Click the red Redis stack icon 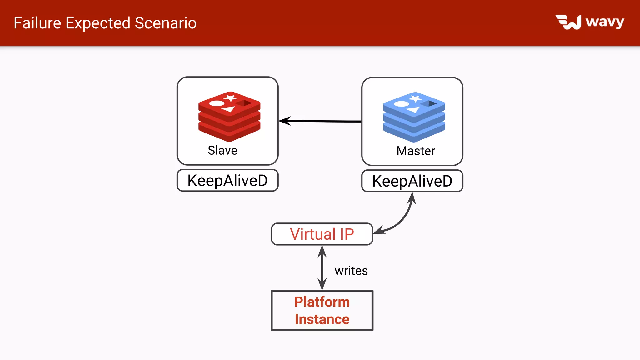pyautogui.click(x=229, y=117)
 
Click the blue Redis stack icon pyautogui.click(x=414, y=117)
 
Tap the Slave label pyautogui.click(x=222, y=150)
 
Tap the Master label pyautogui.click(x=416, y=151)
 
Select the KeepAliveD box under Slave pyautogui.click(x=227, y=181)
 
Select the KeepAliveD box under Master pyautogui.click(x=412, y=181)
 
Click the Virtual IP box pyautogui.click(x=322, y=234)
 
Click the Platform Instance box pyautogui.click(x=322, y=310)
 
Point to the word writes pyautogui.click(x=351, y=271)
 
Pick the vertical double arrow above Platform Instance pyautogui.click(x=322, y=268)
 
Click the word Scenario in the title pyautogui.click(x=166, y=23)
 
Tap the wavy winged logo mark pyautogui.click(x=568, y=22)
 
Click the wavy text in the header pyautogui.click(x=605, y=22)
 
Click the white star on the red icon pyautogui.click(x=231, y=98)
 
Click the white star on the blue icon pyautogui.click(x=415, y=99)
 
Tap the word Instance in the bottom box pyautogui.click(x=322, y=319)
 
